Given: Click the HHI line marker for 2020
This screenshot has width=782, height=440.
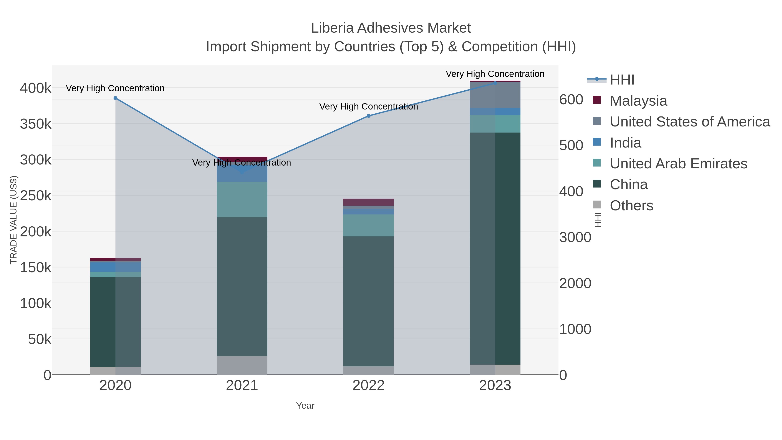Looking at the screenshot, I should pyautogui.click(x=115, y=98).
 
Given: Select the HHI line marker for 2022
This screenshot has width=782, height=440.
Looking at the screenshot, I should pyautogui.click(x=369, y=116).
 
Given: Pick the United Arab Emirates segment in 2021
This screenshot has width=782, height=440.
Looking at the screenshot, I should pyautogui.click(x=242, y=199).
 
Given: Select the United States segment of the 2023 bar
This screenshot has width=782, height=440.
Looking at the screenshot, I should pyautogui.click(x=495, y=95).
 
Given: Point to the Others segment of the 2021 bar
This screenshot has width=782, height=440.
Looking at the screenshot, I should pyautogui.click(x=242, y=365).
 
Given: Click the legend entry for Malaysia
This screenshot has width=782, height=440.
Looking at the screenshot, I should pyautogui.click(x=638, y=101).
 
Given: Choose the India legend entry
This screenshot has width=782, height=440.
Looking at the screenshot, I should pyautogui.click(x=625, y=143).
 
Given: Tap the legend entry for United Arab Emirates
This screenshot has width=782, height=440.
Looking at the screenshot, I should pyautogui.click(x=678, y=164).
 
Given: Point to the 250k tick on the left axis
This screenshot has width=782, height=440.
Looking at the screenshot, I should pyautogui.click(x=36, y=196).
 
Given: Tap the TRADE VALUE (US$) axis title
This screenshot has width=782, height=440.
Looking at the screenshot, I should pyautogui.click(x=14, y=220).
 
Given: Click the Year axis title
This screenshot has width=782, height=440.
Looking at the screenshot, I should pyautogui.click(x=305, y=406).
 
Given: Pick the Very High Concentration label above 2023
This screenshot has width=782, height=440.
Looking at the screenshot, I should pyautogui.click(x=495, y=74).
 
